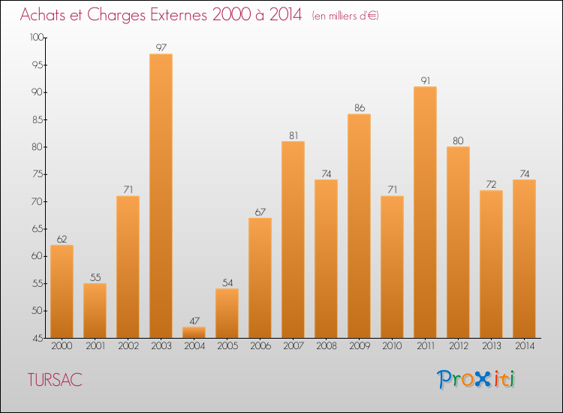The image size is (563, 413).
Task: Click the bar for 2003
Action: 161,195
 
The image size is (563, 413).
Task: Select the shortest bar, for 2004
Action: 194,332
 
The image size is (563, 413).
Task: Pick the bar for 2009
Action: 359,225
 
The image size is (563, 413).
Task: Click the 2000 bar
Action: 62,291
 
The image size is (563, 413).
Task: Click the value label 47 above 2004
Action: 194,321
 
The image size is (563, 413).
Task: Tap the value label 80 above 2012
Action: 458,140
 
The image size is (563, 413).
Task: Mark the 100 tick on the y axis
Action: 38,38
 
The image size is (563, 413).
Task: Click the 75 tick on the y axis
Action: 38,174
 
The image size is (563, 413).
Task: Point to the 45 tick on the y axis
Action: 38,338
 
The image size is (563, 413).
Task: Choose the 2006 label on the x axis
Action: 260,346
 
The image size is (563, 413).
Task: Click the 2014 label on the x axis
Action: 524,346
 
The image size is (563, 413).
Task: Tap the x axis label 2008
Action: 326,346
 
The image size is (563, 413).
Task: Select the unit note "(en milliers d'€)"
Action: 345,16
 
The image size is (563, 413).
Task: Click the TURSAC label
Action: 53,380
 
